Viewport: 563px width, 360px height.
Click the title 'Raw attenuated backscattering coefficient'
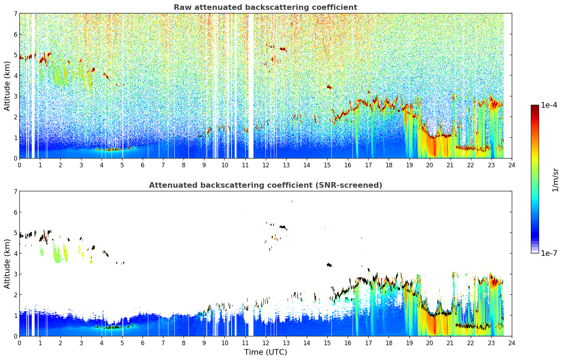(x=265, y=7)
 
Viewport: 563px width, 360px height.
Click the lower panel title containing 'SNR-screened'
(x=265, y=185)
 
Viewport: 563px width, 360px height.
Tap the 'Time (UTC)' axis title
(x=265, y=352)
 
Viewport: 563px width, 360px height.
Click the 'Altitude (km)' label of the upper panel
(x=7, y=86)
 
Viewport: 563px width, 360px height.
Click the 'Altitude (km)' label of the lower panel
(x=7, y=264)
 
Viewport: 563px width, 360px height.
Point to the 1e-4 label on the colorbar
(x=549, y=105)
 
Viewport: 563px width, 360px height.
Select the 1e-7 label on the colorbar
(x=549, y=253)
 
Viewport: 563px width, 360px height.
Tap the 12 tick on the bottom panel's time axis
(x=266, y=343)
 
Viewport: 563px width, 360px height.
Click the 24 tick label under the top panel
(x=512, y=165)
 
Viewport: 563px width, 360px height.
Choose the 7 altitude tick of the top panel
(x=16, y=13)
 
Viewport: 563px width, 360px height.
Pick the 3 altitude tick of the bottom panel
(x=16, y=274)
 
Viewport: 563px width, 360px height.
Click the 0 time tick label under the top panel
(x=20, y=165)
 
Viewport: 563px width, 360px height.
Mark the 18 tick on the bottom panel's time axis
(x=389, y=343)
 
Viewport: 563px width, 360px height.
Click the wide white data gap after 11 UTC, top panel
(x=251, y=86)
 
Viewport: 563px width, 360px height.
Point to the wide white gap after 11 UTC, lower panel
(x=251, y=324)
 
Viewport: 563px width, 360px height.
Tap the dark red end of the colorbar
(x=535, y=107)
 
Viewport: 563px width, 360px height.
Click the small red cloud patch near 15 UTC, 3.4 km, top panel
(x=329, y=87)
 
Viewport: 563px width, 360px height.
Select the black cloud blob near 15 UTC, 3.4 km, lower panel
(x=329, y=265)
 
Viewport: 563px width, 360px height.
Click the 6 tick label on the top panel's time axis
(x=143, y=165)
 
